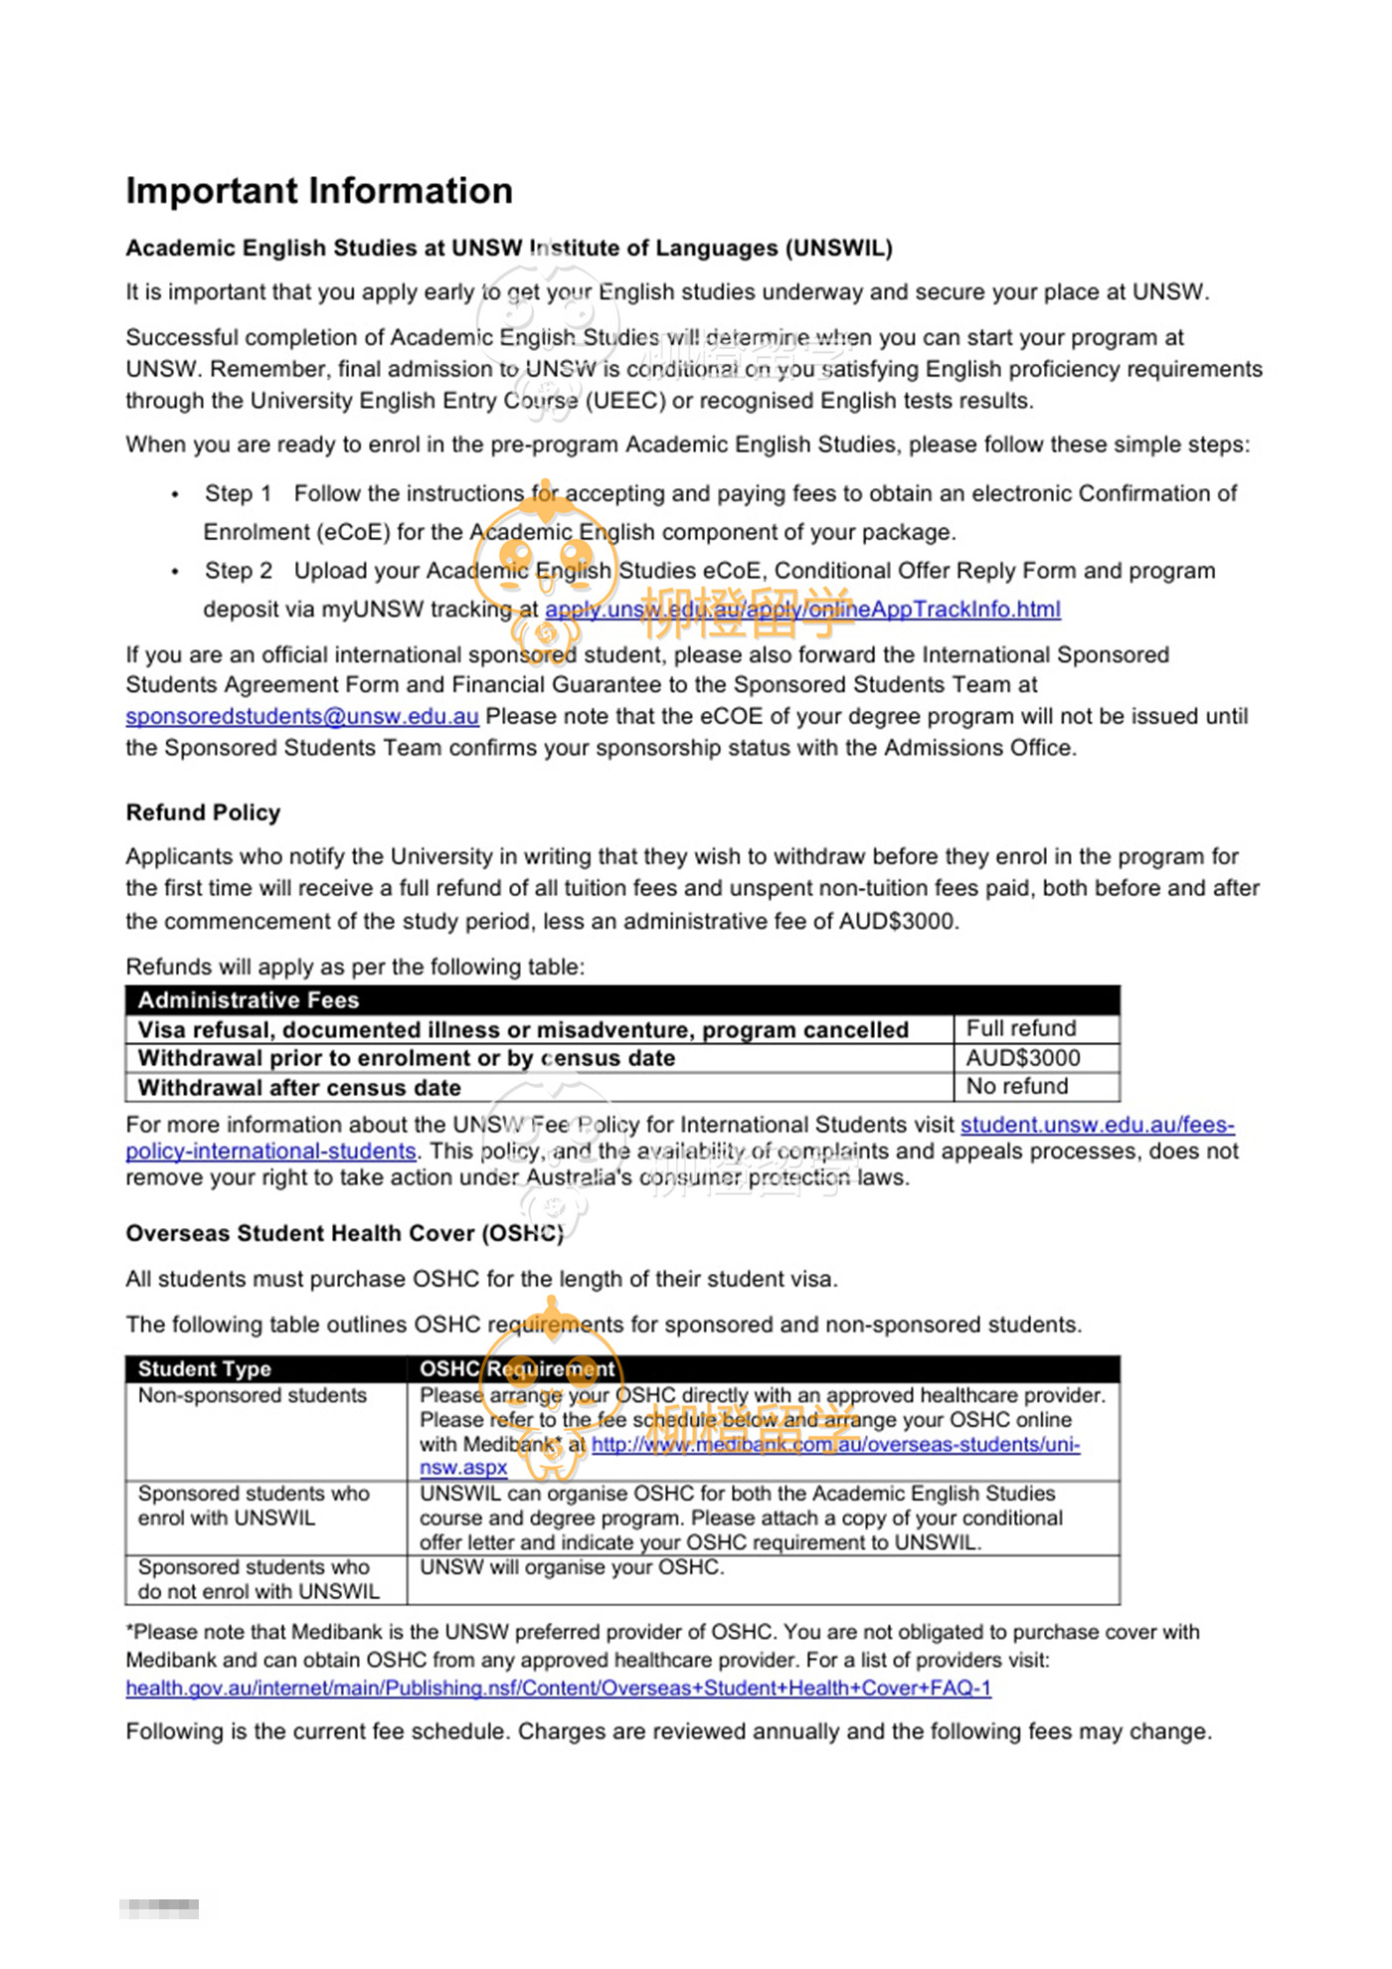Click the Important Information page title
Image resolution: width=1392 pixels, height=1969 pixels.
tap(319, 191)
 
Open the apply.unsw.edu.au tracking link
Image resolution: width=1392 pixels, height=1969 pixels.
tap(802, 610)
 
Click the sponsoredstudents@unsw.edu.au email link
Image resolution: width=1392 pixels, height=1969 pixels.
tap(301, 717)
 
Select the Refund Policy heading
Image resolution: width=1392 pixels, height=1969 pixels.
tap(203, 812)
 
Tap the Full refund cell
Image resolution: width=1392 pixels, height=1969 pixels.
tap(1021, 1028)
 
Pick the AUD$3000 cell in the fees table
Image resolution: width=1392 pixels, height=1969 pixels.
tap(1023, 1058)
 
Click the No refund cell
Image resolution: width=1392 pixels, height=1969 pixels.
tap(1017, 1087)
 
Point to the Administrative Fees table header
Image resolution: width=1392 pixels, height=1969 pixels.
tap(249, 1000)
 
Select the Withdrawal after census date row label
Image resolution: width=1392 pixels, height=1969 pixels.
tap(299, 1088)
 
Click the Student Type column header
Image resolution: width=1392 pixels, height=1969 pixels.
tap(205, 1369)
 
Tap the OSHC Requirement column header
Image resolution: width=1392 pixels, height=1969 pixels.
tap(517, 1369)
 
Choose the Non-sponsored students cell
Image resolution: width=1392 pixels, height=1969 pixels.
tap(253, 1396)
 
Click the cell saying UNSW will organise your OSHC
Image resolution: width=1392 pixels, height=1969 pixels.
tap(572, 1568)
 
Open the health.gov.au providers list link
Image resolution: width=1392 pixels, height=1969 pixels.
tap(558, 1689)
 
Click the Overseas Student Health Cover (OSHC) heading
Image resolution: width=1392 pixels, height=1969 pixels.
tap(344, 1234)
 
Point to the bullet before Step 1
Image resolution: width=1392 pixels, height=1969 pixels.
tap(176, 494)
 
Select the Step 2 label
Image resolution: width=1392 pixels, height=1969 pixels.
tap(239, 571)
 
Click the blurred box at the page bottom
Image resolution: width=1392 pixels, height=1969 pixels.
tap(159, 1908)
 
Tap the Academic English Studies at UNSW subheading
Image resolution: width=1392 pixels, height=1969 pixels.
tap(508, 249)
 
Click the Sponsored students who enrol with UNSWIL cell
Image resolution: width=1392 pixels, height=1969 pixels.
tap(254, 1507)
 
